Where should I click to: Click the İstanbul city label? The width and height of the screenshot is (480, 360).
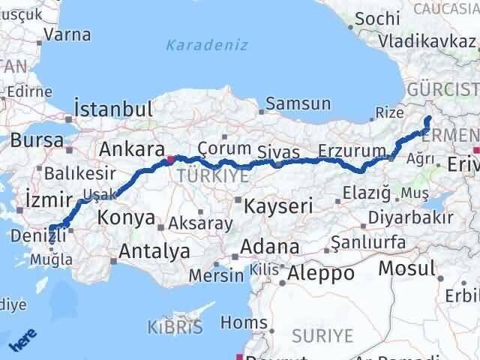click(x=115, y=109)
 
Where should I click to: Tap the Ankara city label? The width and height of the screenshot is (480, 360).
click(x=132, y=148)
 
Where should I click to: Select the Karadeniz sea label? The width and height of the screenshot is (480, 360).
click(x=207, y=46)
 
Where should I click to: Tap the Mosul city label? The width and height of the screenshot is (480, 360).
click(x=406, y=268)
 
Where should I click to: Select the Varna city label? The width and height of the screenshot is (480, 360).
click(x=67, y=34)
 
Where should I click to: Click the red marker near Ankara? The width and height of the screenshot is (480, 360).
click(x=172, y=158)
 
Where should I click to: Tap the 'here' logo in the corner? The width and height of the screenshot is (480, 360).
click(x=20, y=340)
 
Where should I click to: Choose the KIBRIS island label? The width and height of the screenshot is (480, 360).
click(x=175, y=328)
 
